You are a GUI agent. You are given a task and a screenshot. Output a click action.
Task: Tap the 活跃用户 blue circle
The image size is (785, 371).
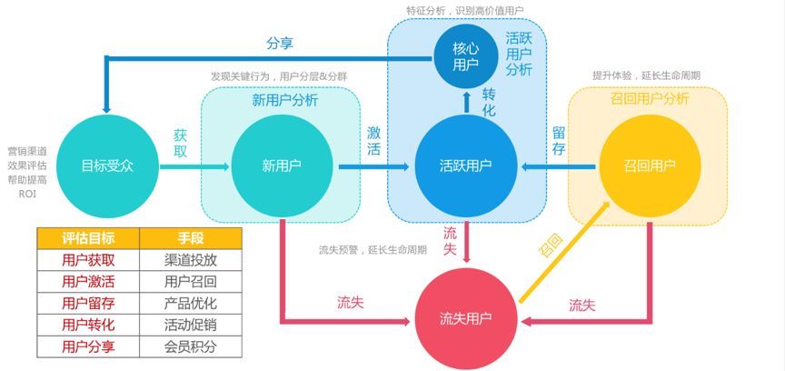click(465, 165)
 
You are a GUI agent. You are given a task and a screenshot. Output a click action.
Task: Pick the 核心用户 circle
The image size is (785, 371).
click(465, 56)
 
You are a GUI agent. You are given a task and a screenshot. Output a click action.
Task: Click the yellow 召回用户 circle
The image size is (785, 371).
click(649, 165)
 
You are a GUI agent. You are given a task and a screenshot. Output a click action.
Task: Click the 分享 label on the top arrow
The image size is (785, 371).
click(279, 43)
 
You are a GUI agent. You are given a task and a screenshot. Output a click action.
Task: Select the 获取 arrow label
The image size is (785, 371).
click(180, 144)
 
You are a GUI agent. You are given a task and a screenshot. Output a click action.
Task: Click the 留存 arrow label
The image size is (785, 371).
click(559, 141)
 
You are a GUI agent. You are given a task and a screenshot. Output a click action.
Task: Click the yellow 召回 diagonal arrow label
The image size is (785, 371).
click(550, 247)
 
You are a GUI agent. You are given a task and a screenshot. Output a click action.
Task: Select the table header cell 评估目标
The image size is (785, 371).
click(88, 238)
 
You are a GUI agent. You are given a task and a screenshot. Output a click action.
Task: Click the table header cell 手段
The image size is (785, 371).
click(191, 238)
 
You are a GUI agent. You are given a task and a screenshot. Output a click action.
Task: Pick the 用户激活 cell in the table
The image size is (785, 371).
click(88, 282)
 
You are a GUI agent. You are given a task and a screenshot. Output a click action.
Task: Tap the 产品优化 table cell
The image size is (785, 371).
click(191, 304)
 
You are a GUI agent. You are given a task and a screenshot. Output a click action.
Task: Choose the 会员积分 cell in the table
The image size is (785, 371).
click(191, 347)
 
